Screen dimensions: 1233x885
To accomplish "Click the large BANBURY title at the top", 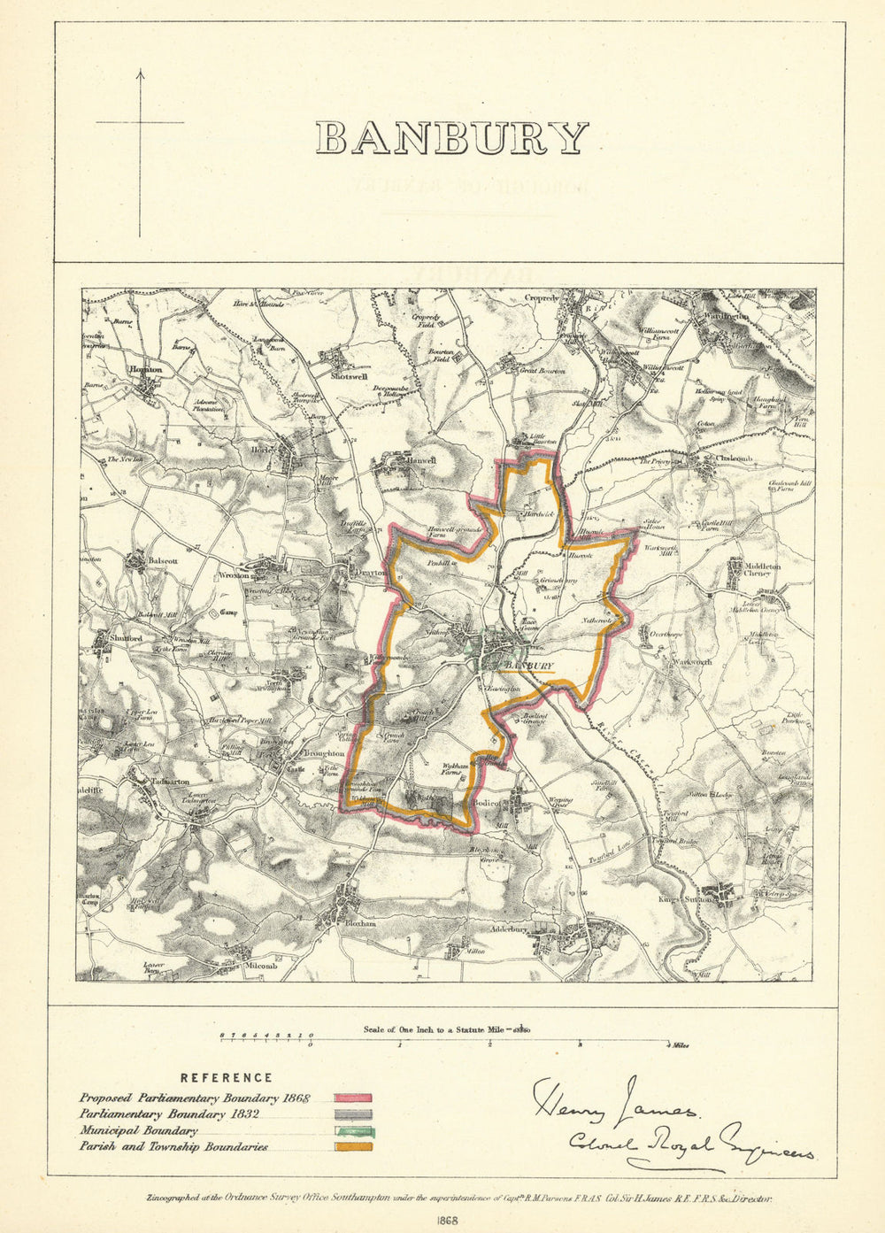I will (451, 139).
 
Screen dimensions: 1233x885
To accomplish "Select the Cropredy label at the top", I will (541, 299).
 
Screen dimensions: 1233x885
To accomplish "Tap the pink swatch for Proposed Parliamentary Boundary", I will (352, 1098).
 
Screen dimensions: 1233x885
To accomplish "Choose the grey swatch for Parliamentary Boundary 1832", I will (352, 1114).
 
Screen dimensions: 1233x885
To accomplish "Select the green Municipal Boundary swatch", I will (352, 1130).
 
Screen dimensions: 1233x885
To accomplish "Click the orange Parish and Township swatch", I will (352, 1147).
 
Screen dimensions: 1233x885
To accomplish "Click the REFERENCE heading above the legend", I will (227, 1078).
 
